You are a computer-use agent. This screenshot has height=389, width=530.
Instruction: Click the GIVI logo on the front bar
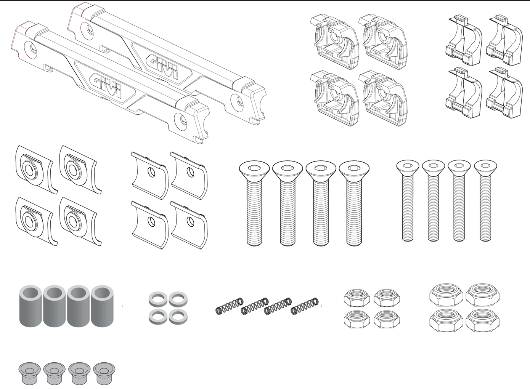coord(106,85)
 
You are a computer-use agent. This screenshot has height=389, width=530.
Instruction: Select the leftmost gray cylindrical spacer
coord(31,306)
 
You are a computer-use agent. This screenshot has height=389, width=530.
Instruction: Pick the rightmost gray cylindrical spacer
coord(102,306)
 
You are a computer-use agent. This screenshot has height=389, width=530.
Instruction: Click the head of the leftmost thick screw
coord(254,168)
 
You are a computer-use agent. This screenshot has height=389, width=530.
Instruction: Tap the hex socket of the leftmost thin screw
coord(408,165)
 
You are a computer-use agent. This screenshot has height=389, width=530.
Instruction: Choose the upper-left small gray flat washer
coord(158,299)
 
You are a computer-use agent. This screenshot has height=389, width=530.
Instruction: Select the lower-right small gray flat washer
coord(178,316)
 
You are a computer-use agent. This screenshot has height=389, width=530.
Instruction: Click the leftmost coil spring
coord(230,306)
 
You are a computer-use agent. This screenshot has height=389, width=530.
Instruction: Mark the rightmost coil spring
coord(305,306)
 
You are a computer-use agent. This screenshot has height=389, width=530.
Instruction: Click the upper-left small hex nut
coord(357,298)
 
